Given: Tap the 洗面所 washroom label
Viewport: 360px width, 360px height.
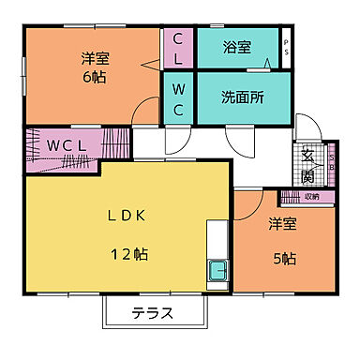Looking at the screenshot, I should pos(242,96).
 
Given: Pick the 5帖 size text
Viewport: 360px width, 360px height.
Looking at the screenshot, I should pos(284,259).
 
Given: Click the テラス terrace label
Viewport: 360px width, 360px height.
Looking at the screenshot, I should pos(152,313).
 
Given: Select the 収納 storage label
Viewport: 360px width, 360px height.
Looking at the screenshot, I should pos(312,196).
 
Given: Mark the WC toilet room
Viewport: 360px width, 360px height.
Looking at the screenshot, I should pos(177,97).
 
